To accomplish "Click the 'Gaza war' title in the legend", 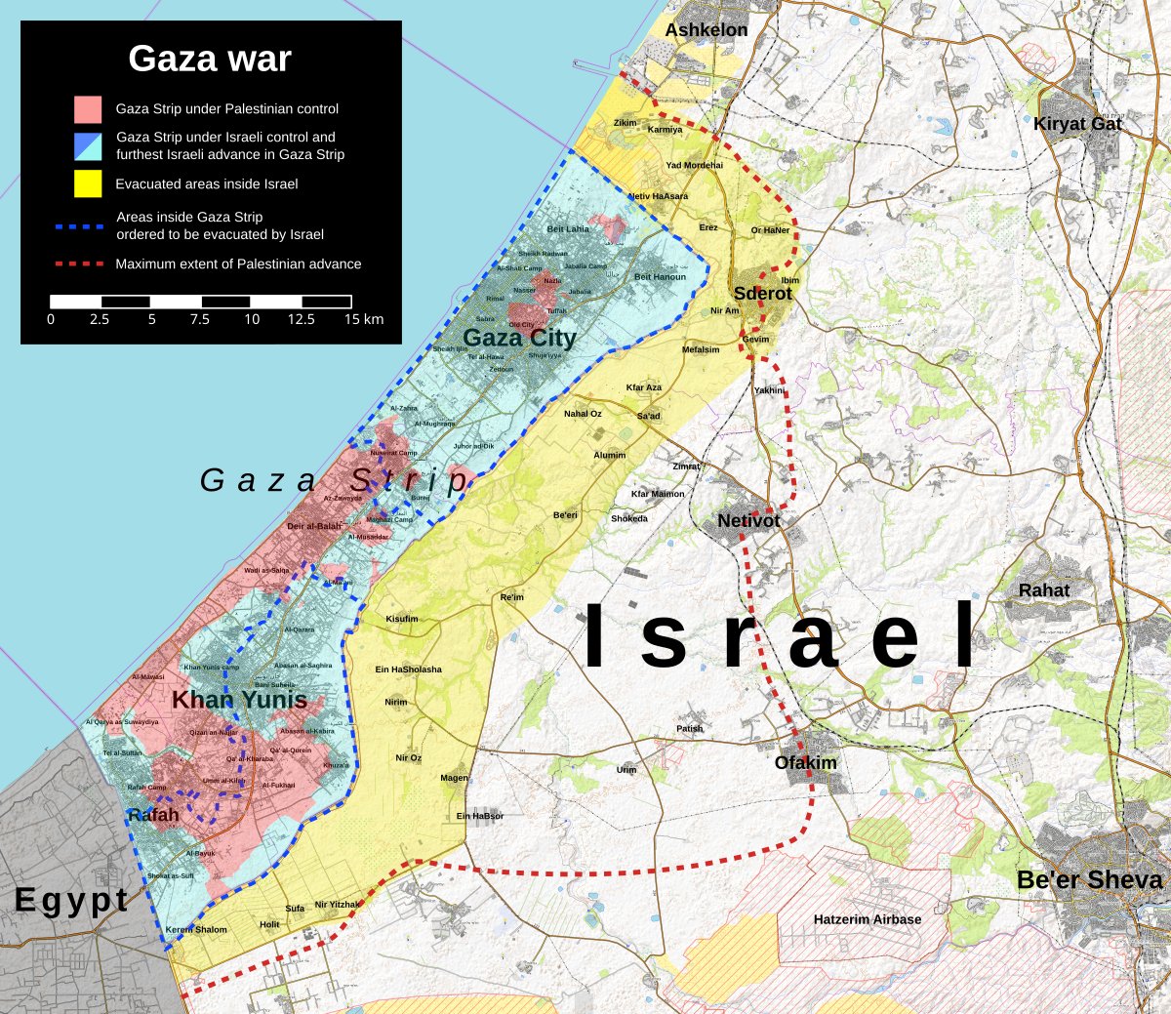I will (x=210, y=60).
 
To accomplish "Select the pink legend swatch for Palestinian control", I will (x=88, y=109).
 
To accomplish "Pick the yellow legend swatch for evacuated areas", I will (x=88, y=183).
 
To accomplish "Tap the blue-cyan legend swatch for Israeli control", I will (x=88, y=146).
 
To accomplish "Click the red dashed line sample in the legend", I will (x=79, y=264).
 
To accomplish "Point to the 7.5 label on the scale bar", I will (x=199, y=319).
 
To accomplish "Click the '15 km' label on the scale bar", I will (x=363, y=319).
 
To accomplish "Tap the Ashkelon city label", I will (x=706, y=30).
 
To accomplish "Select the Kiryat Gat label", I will (x=1077, y=124).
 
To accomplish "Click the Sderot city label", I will (x=762, y=294).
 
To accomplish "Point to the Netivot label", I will (x=748, y=521).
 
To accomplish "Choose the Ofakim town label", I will (x=805, y=763).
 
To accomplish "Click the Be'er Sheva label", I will (x=1089, y=880).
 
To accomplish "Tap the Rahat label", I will (x=1043, y=590).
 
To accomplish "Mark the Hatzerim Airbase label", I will (x=867, y=919).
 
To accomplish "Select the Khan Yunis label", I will (x=239, y=700).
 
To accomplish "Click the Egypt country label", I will (x=71, y=900).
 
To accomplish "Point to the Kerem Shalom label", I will (x=196, y=930).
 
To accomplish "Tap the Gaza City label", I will (x=519, y=338).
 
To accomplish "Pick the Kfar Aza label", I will (x=643, y=387).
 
